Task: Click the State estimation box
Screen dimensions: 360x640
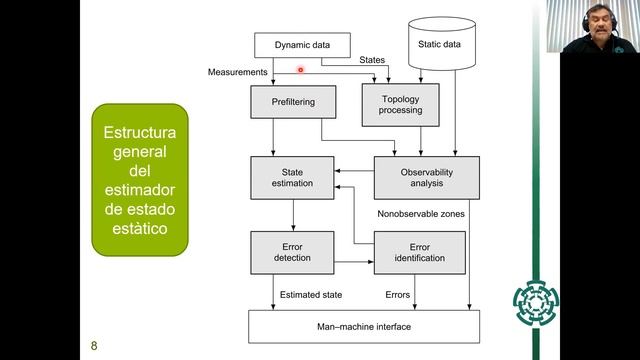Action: (292, 177)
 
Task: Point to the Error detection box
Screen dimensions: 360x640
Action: (292, 251)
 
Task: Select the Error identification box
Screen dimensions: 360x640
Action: (420, 251)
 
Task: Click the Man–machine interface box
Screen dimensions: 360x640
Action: (364, 326)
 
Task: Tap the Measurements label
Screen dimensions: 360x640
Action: (237, 73)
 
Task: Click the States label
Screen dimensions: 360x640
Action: (372, 61)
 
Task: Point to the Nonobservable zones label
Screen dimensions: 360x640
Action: (421, 214)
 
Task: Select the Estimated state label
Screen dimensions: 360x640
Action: (312, 295)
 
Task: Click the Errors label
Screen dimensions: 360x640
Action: (398, 295)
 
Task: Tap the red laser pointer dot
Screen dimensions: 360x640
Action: (301, 70)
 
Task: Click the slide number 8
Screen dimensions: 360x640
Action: (94, 346)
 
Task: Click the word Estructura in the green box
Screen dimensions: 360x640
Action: (139, 132)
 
